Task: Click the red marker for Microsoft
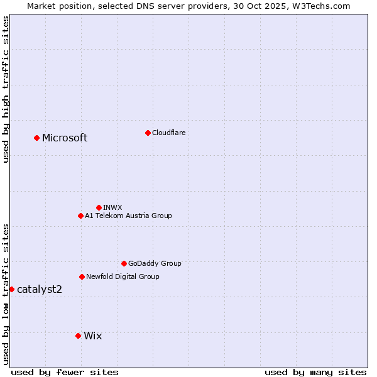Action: pyautogui.click(x=36, y=138)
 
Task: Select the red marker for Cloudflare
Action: pyautogui.click(x=148, y=133)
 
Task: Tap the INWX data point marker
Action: pyautogui.click(x=99, y=207)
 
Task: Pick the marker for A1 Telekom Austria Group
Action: pyautogui.click(x=80, y=216)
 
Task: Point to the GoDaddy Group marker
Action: pyautogui.click(x=124, y=263)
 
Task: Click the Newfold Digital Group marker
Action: pyautogui.click(x=82, y=276)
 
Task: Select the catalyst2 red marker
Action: pyautogui.click(x=11, y=289)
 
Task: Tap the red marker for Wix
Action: pyautogui.click(x=78, y=336)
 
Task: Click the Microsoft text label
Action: pyautogui.click(x=65, y=138)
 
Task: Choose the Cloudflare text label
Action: pyautogui.click(x=169, y=133)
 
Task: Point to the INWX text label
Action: pyautogui.click(x=112, y=207)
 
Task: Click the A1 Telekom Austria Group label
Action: pyautogui.click(x=128, y=216)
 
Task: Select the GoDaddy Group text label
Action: pyautogui.click(x=155, y=263)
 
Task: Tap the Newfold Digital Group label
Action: pyautogui.click(x=123, y=276)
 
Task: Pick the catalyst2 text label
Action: pyautogui.click(x=40, y=289)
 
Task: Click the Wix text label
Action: pyautogui.click(x=92, y=336)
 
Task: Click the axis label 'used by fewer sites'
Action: pyautogui.click(x=65, y=372)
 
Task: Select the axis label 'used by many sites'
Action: pyautogui.click(x=315, y=372)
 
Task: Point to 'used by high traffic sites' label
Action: pyautogui.click(x=6, y=89)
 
